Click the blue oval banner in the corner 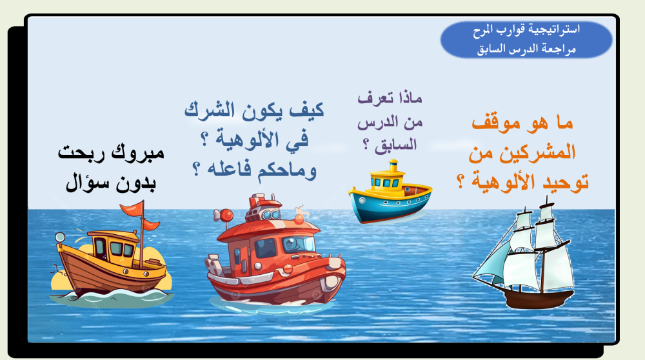pyautogui.click(x=526, y=39)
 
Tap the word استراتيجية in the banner pyautogui.click(x=555, y=30)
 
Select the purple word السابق pyautogui.click(x=395, y=145)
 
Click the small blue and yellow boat pyautogui.click(x=390, y=192)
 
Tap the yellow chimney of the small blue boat pyautogui.click(x=393, y=165)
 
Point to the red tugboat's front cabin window pyautogui.click(x=298, y=244)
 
